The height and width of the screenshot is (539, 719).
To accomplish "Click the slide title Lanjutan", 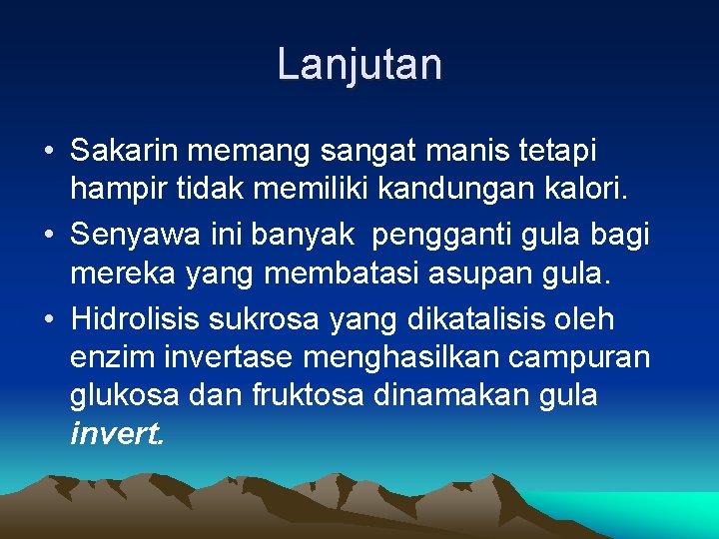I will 359,65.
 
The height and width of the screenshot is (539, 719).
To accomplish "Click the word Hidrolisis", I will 135,320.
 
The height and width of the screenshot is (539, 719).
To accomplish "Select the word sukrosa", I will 267,320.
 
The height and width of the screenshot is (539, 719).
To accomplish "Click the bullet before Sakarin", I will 48,153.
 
